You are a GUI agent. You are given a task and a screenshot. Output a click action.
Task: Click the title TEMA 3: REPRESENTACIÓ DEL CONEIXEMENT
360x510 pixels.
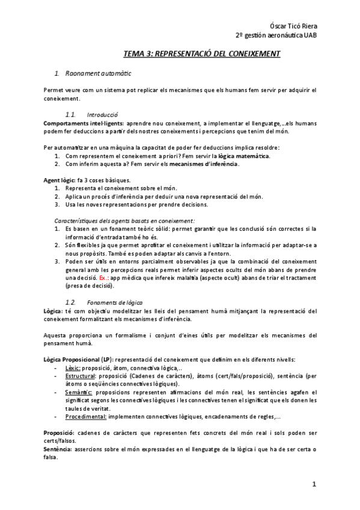tap(202, 54)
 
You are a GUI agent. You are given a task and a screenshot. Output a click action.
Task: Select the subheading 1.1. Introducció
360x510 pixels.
tap(91, 114)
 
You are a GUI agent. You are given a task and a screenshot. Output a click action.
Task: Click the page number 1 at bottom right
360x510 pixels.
tap(314, 484)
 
